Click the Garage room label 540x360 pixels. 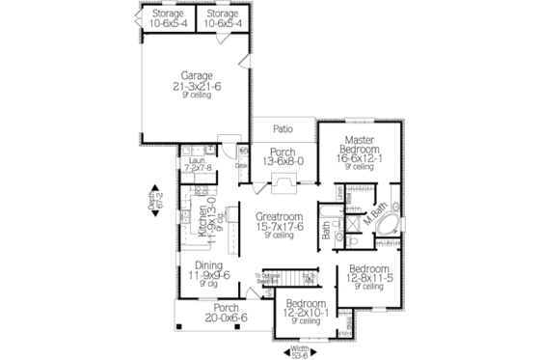click(x=197, y=74)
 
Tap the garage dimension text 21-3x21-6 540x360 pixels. click(x=197, y=87)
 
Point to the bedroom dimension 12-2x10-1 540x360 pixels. click(x=306, y=312)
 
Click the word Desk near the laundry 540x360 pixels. click(x=242, y=165)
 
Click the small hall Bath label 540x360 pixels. click(x=327, y=230)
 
